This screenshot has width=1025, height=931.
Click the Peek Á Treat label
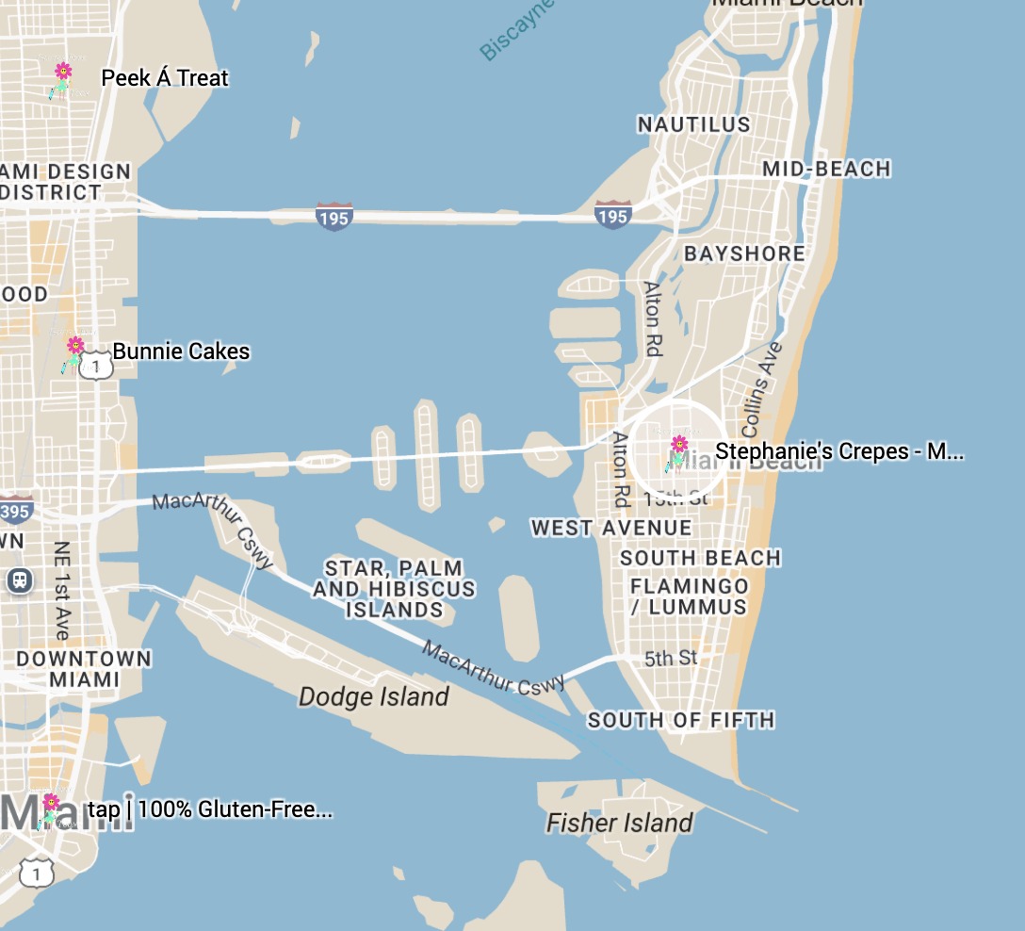coord(165,78)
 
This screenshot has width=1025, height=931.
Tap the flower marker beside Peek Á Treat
coord(62,79)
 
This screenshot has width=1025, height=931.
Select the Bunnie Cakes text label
coord(182,352)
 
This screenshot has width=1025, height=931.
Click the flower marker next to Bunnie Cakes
coord(74,353)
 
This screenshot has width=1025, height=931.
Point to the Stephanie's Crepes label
coord(838,452)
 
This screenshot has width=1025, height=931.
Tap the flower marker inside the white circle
coord(677,451)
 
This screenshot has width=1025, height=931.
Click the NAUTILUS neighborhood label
coord(694,124)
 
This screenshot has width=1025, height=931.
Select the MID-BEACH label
coord(826,170)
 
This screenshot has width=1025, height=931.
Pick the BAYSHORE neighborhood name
coord(744,254)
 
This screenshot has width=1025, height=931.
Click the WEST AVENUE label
coord(611,528)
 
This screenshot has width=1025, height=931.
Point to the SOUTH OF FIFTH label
coord(681,721)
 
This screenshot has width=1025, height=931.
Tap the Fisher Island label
coord(620,824)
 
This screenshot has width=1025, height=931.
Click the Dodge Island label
coord(374,697)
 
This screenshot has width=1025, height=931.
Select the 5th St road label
coord(671,659)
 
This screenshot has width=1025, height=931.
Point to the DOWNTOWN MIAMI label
coord(84,669)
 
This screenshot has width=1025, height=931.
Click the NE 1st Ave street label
coord(62,591)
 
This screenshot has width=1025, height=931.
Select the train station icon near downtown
coord(19,580)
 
